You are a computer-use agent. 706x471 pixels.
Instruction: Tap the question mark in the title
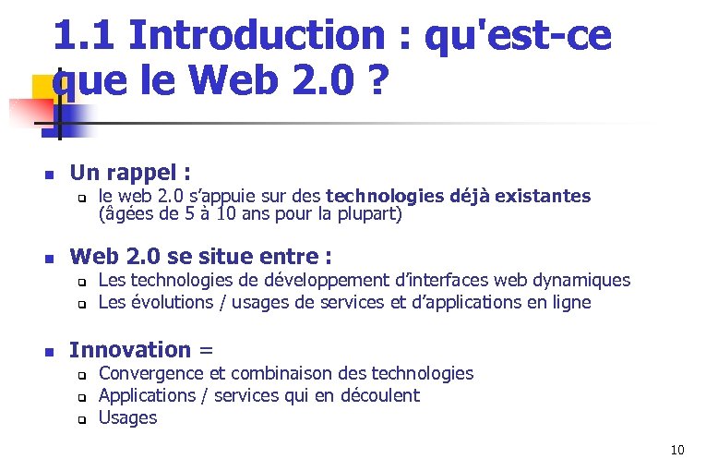click(375, 83)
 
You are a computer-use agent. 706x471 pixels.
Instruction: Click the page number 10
click(677, 451)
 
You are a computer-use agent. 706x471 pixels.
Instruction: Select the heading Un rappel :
click(130, 173)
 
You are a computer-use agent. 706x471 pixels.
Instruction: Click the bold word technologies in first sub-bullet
click(389, 196)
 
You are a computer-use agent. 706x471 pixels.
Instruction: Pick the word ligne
click(568, 302)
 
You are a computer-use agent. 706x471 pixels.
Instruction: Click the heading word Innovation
click(129, 349)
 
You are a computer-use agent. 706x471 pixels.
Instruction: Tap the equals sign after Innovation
click(206, 350)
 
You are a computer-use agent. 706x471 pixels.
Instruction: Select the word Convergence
click(150, 373)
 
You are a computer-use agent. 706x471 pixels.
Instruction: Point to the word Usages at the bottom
click(127, 417)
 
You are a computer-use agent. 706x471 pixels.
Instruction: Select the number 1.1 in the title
click(85, 36)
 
